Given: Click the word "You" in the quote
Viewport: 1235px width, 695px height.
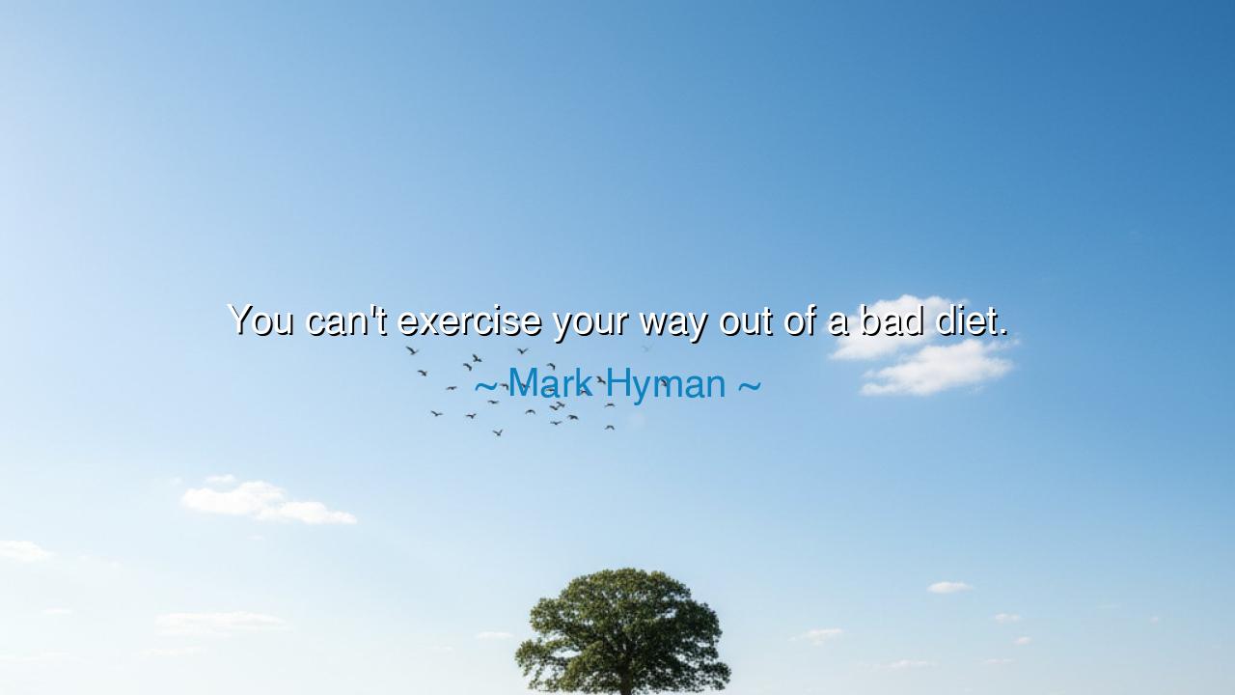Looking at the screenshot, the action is pyautogui.click(x=261, y=320).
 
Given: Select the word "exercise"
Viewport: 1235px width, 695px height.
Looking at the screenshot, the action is pyautogui.click(x=469, y=321).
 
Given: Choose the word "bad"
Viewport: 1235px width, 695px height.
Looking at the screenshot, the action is pyautogui.click(x=892, y=320).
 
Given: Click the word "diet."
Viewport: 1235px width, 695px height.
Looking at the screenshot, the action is pyautogui.click(x=972, y=320).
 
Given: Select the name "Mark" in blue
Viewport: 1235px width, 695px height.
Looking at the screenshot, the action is pyautogui.click(x=549, y=382).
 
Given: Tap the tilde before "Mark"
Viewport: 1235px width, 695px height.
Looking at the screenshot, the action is pyautogui.click(x=485, y=385).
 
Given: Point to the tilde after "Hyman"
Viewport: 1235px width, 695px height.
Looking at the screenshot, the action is pyautogui.click(x=750, y=385).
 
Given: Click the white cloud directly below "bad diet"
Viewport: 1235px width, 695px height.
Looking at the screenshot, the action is pyautogui.click(x=937, y=368).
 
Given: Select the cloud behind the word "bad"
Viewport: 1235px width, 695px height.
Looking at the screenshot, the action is pyautogui.click(x=893, y=326).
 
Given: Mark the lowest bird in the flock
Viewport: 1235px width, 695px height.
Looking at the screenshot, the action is pyautogui.click(x=497, y=432).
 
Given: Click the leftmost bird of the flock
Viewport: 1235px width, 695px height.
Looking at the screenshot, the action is pyautogui.click(x=412, y=350).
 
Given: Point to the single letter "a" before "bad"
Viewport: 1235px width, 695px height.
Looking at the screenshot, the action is pyautogui.click(x=838, y=323).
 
